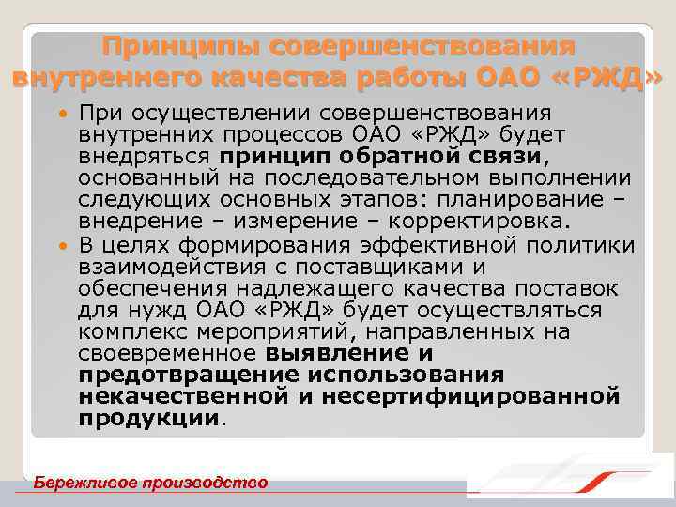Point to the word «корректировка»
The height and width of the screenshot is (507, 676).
(478, 223)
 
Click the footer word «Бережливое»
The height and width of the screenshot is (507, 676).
(83, 483)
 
